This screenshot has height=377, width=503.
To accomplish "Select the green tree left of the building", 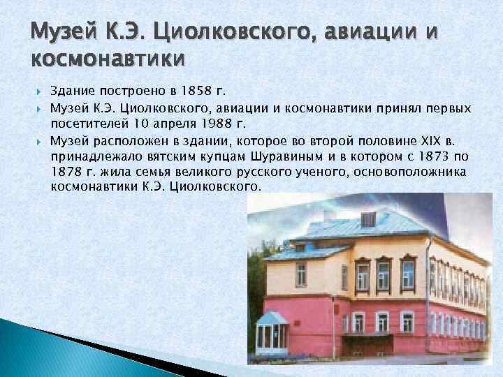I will (x=256, y=279).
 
